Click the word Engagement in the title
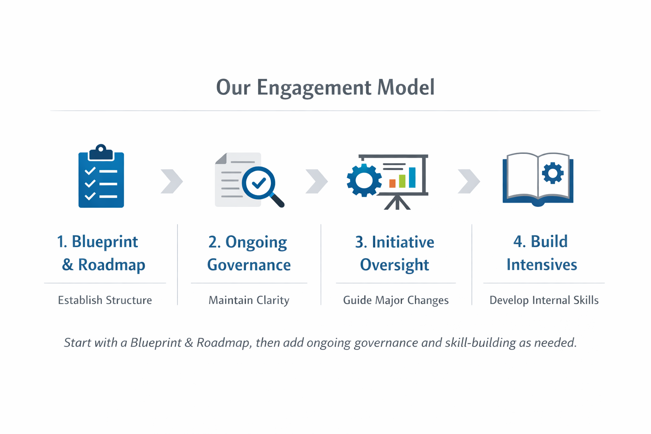(314, 88)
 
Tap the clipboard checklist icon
(101, 180)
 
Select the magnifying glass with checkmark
(259, 183)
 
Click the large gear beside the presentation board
(364, 181)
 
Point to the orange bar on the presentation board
(392, 183)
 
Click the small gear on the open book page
(553, 173)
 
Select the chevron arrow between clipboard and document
(172, 181)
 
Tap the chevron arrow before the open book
(469, 181)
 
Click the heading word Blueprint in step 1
(105, 242)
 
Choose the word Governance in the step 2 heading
(249, 265)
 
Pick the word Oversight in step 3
(394, 265)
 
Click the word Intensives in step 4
(542, 265)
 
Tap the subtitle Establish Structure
(105, 300)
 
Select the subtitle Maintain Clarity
(249, 300)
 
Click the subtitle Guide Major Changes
(395, 300)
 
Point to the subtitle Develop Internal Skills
(544, 300)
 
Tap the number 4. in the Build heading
(520, 242)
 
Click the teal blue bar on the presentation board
(412, 177)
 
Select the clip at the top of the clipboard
(100, 152)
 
